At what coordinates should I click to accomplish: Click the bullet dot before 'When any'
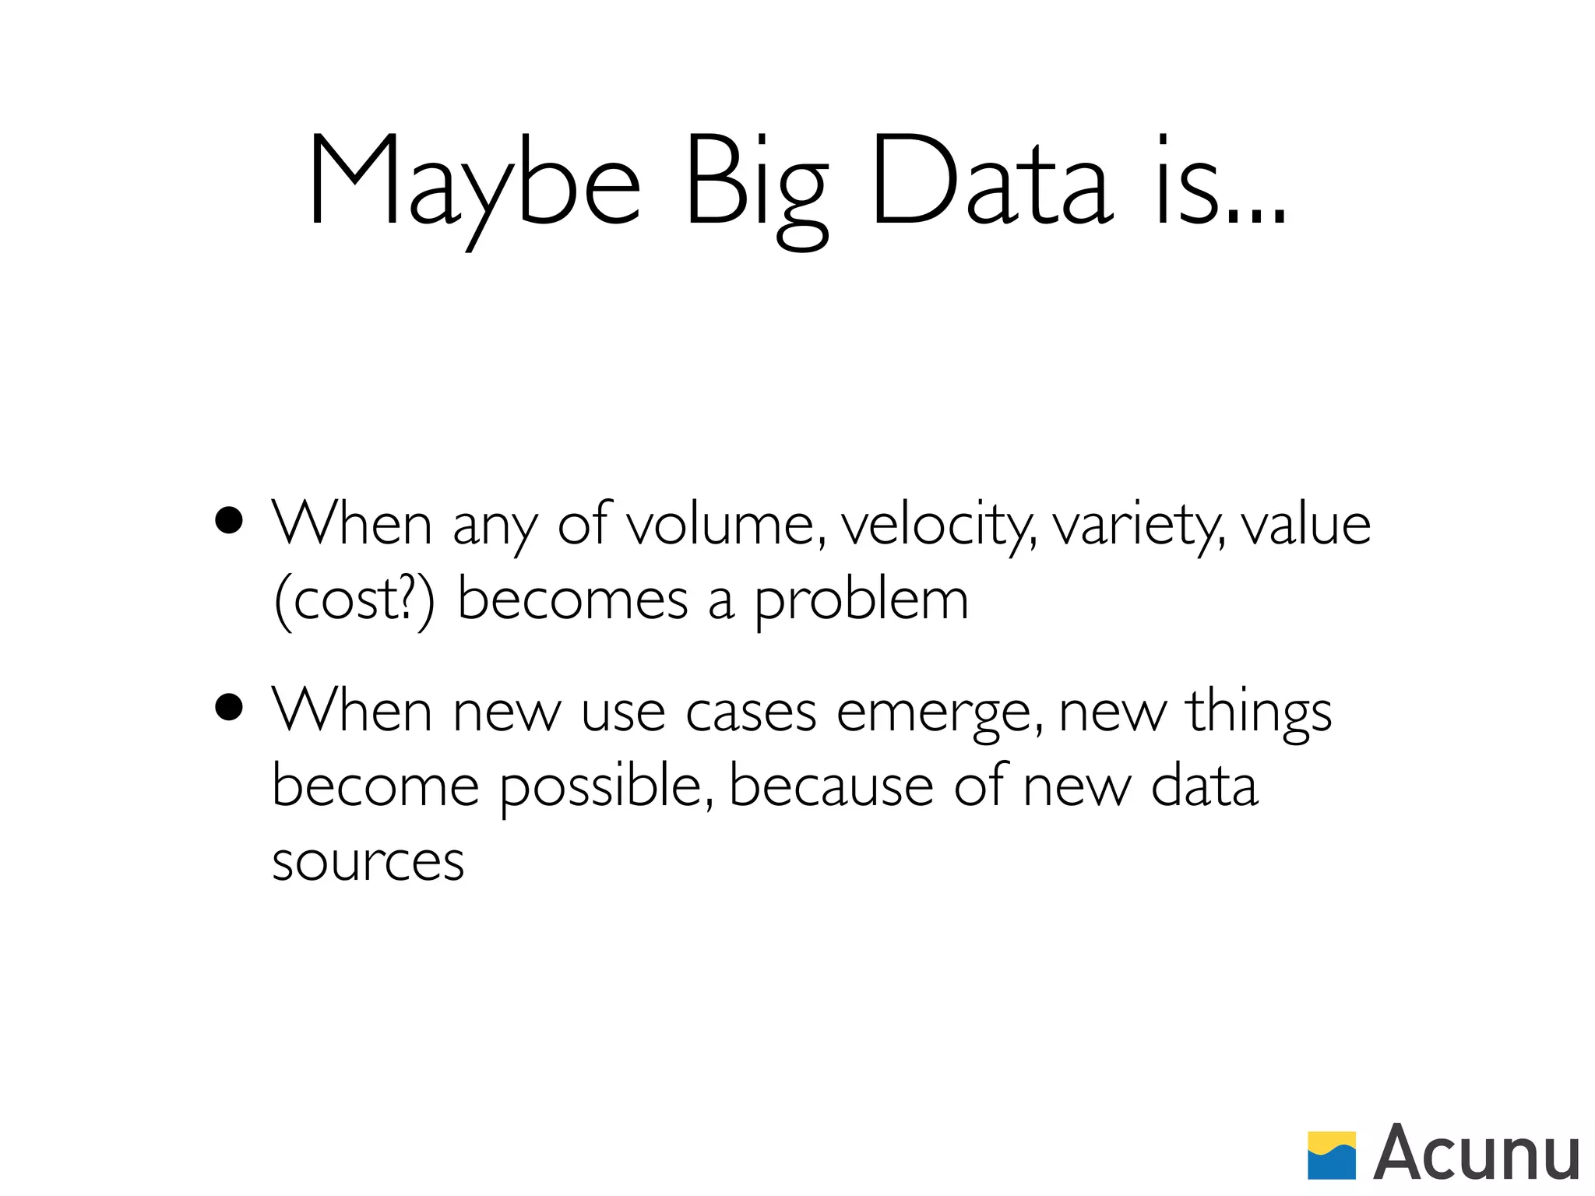click(x=229, y=521)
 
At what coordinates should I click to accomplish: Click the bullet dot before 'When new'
click(x=229, y=708)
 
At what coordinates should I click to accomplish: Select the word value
click(x=1305, y=524)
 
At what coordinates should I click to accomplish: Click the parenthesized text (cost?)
click(x=354, y=600)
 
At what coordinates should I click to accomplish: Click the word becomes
click(x=572, y=600)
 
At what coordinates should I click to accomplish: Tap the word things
click(x=1259, y=711)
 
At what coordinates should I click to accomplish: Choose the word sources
click(x=368, y=861)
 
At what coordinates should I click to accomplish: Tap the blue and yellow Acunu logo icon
click(x=1331, y=1155)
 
